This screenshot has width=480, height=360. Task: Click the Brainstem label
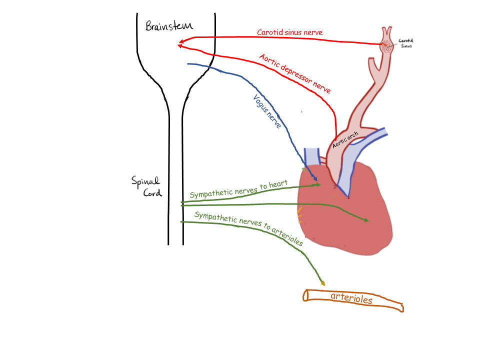[x=169, y=26]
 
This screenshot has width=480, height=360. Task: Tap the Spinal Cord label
[x=146, y=186]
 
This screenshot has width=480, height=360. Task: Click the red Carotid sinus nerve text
[x=289, y=33]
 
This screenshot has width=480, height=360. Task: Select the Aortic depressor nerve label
[x=295, y=73]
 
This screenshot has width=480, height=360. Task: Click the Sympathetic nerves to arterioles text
[x=248, y=228]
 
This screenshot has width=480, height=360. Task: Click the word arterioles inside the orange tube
[x=351, y=299]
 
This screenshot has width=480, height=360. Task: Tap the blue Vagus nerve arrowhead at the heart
[x=315, y=179]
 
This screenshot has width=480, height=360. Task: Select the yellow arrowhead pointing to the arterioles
[x=322, y=283]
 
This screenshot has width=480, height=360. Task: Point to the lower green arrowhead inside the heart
[x=366, y=220]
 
